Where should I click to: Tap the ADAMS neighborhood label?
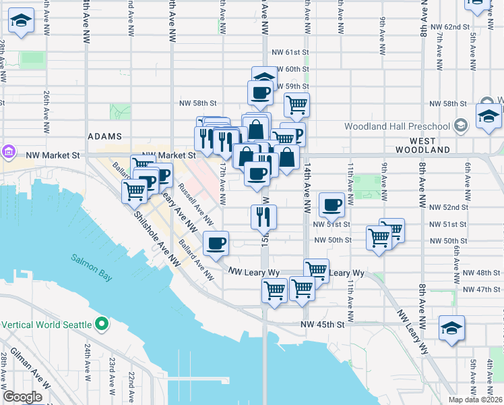click(104, 136)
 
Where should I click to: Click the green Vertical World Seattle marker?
click(101, 325)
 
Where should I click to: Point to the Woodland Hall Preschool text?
click(396, 126)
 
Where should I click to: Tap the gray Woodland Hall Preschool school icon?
click(461, 125)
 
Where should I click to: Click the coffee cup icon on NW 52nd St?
click(331, 204)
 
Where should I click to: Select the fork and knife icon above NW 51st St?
click(263, 216)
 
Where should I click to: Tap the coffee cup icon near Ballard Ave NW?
click(216, 243)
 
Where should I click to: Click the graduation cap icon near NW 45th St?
click(451, 327)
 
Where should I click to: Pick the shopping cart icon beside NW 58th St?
click(296, 105)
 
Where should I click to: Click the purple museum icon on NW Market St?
click(9, 152)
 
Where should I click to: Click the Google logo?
click(22, 397)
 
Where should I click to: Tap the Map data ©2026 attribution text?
click(474, 400)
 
